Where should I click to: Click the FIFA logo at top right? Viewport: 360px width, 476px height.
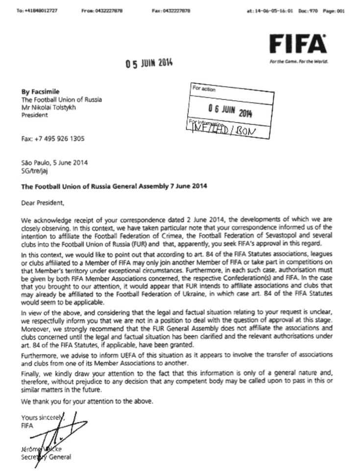(298, 46)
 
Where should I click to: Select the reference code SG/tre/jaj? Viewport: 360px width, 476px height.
(34, 170)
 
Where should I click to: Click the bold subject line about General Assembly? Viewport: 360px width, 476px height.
(114, 186)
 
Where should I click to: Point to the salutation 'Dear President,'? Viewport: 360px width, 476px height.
(43, 202)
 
